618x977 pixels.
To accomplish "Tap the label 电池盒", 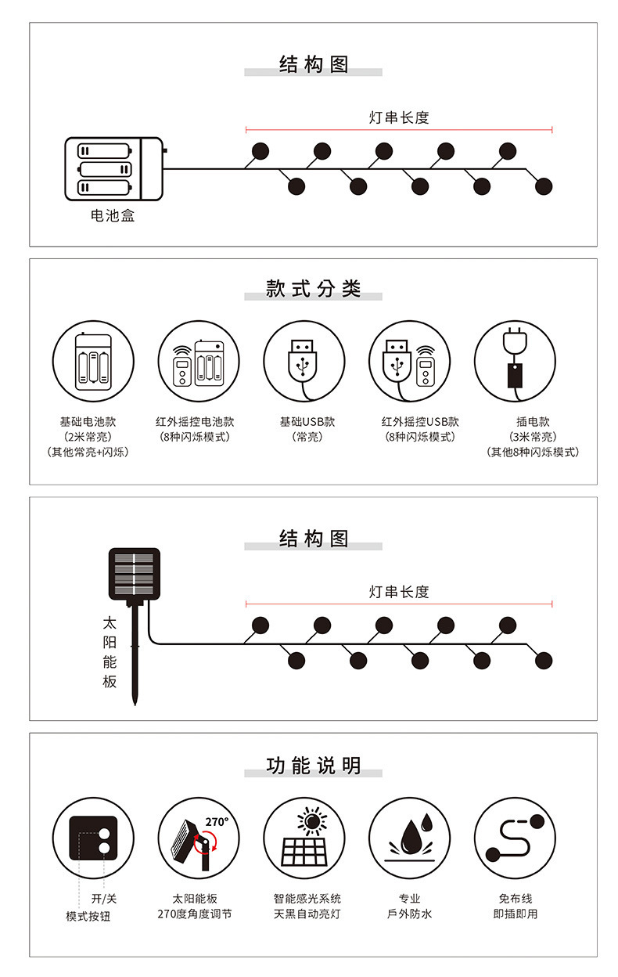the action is (113, 215).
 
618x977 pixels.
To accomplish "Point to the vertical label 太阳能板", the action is (110, 652).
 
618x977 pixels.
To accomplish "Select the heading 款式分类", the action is (313, 289).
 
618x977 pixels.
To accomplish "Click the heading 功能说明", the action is (313, 766).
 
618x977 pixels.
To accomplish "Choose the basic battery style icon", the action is (93, 361).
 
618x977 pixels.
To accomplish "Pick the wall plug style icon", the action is (515, 361).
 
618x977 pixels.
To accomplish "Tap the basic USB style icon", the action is (304, 361).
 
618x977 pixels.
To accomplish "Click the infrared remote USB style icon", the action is (409, 361).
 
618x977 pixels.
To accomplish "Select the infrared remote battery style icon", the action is (199, 361).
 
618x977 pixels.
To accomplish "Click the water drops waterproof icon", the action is (409, 838).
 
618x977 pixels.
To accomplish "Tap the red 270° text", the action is (217, 822).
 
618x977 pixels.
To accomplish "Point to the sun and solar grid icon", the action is (304, 838).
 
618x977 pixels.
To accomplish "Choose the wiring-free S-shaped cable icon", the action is (515, 838).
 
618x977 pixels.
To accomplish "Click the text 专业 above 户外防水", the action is (409, 899).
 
